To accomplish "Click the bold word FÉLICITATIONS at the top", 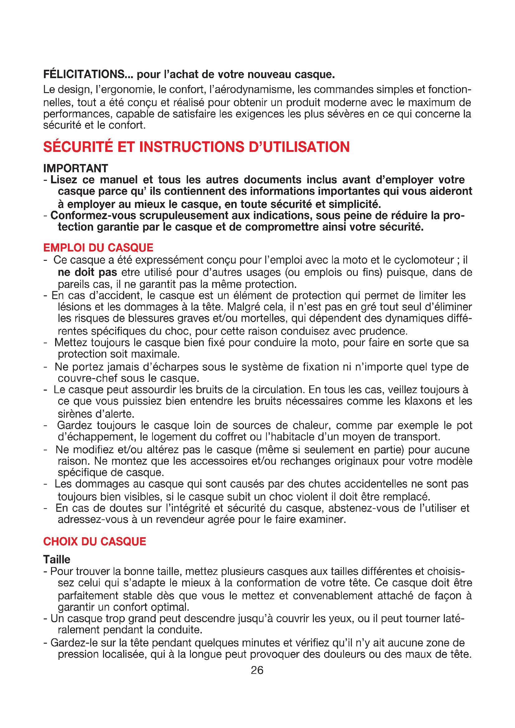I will click(84, 74).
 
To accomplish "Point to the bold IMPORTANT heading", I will click(75, 168).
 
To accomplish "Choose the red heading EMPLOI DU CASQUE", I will click(98, 248).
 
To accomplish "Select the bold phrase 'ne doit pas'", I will click(87, 272).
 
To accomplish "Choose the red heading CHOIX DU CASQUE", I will click(95, 541).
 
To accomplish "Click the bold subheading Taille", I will click(57, 559).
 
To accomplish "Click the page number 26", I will click(257, 670).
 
